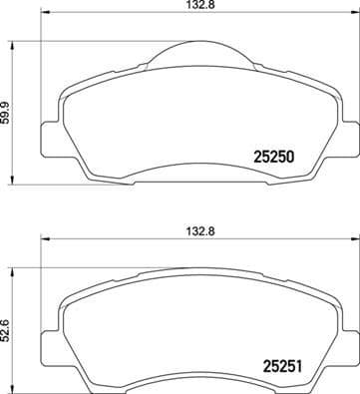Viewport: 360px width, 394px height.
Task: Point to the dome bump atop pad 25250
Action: point(195,50)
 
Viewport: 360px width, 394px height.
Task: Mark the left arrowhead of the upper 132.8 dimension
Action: point(42,19)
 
